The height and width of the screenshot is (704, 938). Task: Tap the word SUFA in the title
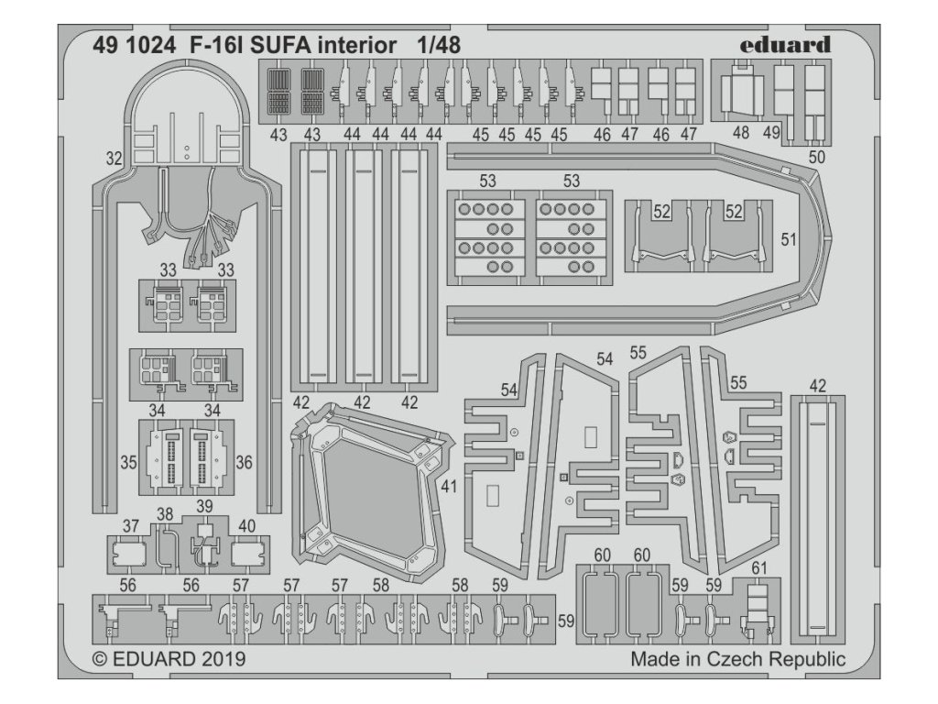click(267, 44)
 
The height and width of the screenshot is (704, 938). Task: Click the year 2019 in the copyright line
click(218, 658)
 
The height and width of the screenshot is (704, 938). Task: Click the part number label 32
click(114, 159)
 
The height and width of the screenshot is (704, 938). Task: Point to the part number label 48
click(741, 132)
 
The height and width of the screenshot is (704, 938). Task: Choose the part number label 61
click(758, 568)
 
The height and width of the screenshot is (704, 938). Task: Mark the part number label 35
click(127, 463)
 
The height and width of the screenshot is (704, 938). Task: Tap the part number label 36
click(244, 463)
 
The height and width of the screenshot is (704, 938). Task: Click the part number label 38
click(165, 514)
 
